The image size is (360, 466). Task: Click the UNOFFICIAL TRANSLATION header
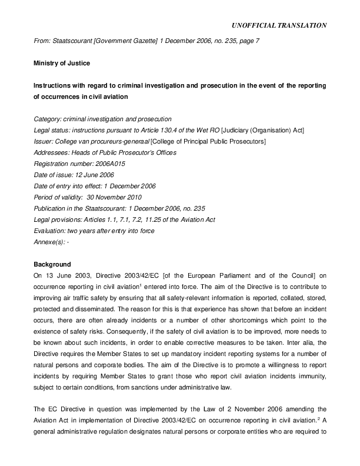tap(280, 25)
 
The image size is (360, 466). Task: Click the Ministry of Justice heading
tap(59, 63)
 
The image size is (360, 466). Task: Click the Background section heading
tap(52, 264)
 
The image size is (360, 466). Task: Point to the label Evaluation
tap(51, 230)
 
